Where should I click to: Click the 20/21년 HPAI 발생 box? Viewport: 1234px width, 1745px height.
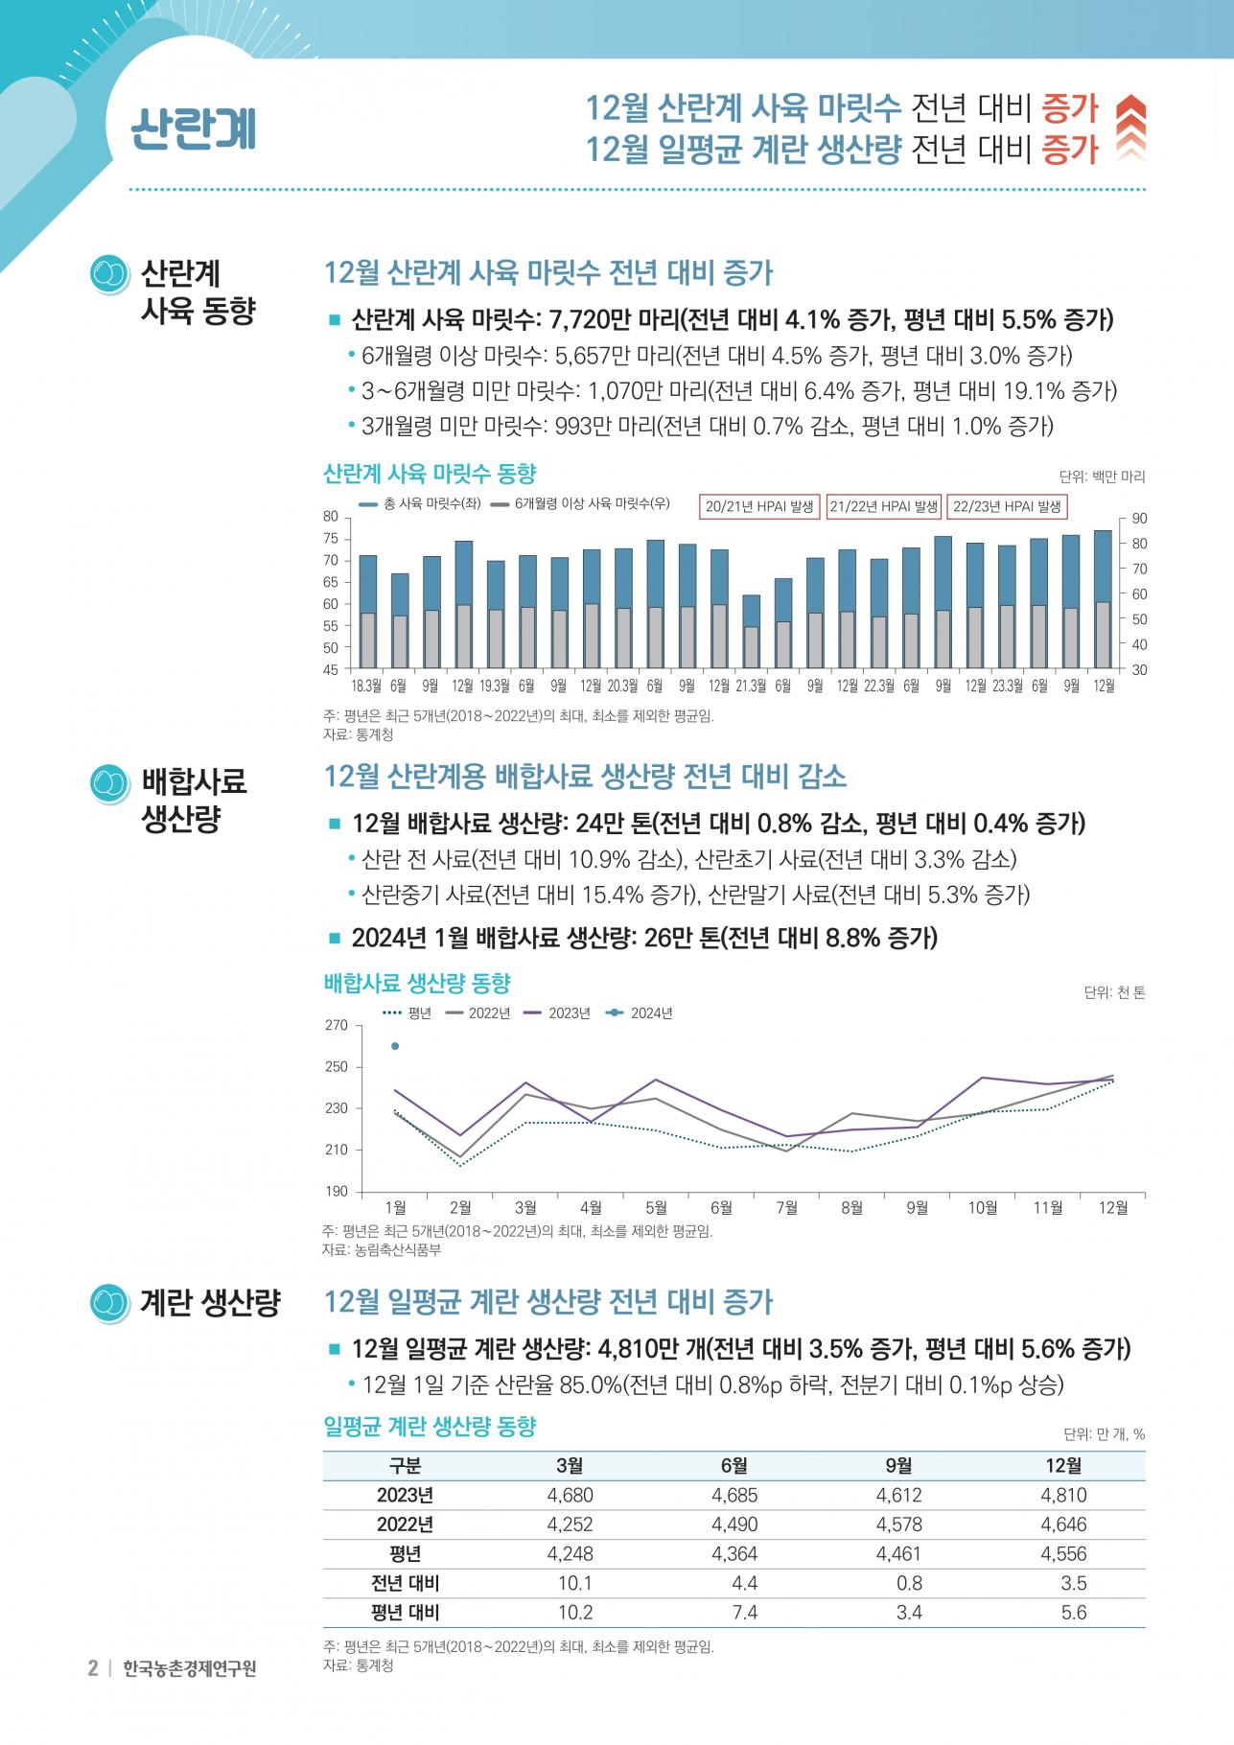(x=759, y=506)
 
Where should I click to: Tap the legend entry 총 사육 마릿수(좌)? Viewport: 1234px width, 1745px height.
(x=420, y=503)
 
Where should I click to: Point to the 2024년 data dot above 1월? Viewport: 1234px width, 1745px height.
(x=395, y=1046)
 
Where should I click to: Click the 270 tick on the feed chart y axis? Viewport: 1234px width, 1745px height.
(x=337, y=1025)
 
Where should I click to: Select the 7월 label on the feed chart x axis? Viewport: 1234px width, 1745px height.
(x=786, y=1208)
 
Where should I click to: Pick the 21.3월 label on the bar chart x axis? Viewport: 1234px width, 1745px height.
(x=751, y=686)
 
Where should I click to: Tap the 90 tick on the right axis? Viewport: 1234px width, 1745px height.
(x=1139, y=519)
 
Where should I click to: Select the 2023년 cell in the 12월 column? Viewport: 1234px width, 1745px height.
(x=1063, y=1495)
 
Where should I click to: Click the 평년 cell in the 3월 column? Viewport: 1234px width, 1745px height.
(x=570, y=1553)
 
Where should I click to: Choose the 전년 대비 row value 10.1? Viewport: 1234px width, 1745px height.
(x=575, y=1583)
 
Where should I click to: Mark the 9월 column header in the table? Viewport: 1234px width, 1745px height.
(x=898, y=1465)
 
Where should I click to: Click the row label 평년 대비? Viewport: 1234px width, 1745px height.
(x=405, y=1613)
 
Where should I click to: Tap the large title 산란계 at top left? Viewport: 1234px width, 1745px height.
(x=194, y=128)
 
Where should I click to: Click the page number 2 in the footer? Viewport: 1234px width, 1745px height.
(x=93, y=1668)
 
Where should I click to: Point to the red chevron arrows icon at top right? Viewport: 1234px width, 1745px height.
(x=1131, y=128)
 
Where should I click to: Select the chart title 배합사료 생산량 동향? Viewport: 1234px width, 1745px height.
(x=417, y=983)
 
